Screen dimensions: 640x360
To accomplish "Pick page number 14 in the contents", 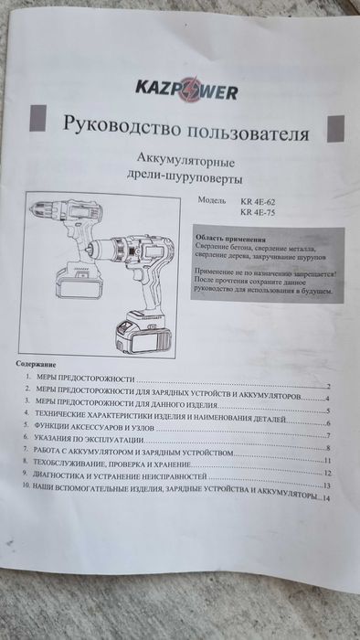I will click(x=326, y=498).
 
